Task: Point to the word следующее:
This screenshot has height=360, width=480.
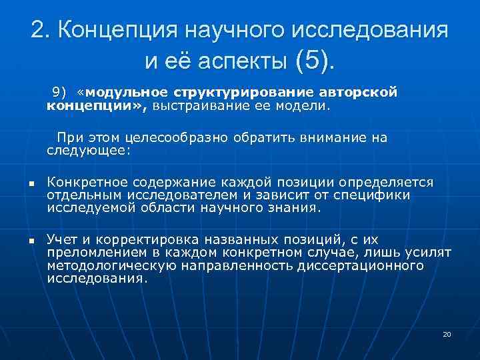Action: pyautogui.click(x=90, y=151)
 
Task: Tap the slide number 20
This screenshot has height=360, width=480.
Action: pyautogui.click(x=447, y=334)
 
